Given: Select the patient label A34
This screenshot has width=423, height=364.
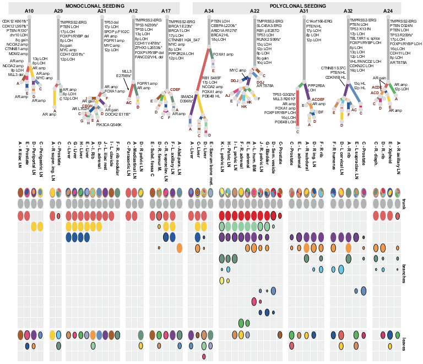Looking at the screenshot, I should pyautogui.click(x=209, y=11).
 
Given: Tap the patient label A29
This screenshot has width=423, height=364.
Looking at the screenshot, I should pyautogui.click(x=58, y=11).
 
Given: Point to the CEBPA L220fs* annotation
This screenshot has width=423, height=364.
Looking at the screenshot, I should pyautogui.click(x=224, y=25).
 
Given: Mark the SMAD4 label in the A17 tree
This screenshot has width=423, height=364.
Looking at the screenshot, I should pyautogui.click(x=187, y=96).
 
